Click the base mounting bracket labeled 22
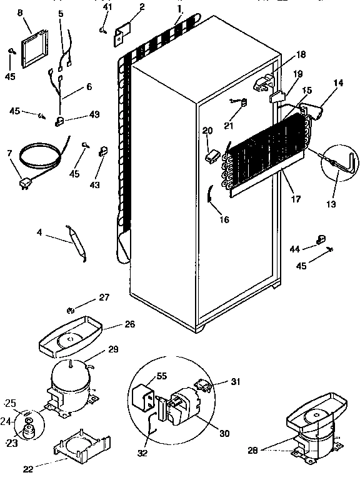pos(79,449)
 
